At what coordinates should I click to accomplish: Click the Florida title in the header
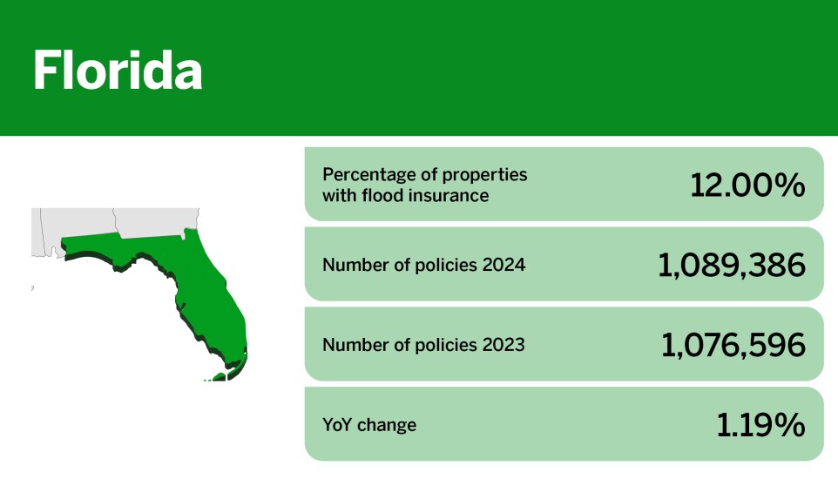(x=118, y=71)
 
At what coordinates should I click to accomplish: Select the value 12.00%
(x=747, y=185)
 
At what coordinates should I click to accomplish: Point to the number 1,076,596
(x=733, y=345)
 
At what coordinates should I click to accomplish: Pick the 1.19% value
(x=760, y=425)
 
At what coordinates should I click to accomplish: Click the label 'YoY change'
(x=369, y=425)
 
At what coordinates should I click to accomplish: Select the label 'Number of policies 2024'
(x=423, y=264)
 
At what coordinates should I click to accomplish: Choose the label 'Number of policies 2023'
(x=423, y=345)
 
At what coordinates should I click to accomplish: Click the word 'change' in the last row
(x=389, y=425)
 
